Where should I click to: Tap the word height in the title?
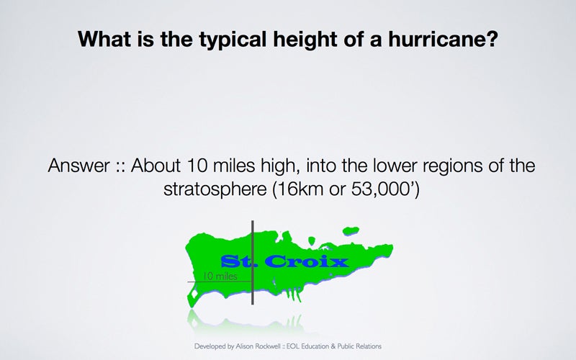click(x=305, y=40)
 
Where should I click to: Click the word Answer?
click(x=79, y=166)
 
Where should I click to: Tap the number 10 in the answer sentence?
click(x=197, y=166)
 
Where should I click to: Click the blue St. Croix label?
click(x=284, y=261)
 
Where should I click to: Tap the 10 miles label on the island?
click(x=220, y=276)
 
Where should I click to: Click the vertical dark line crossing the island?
click(x=253, y=262)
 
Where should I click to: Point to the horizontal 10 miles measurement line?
click(x=220, y=282)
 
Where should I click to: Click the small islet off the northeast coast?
click(x=351, y=230)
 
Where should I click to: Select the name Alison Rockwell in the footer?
click(x=258, y=346)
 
